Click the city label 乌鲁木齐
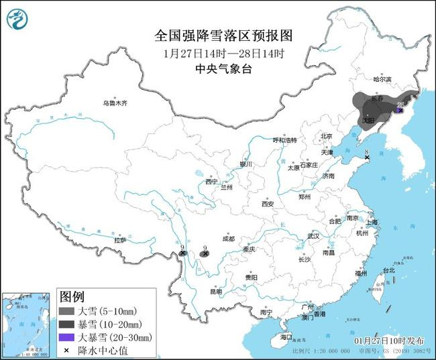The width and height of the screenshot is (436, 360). pyautogui.click(x=115, y=104)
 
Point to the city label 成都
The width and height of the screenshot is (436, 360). pyautogui.click(x=227, y=239)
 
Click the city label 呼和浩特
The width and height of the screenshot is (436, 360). pyautogui.click(x=284, y=140)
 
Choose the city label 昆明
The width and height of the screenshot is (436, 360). pyautogui.click(x=215, y=292)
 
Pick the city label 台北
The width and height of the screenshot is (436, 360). pyautogui.click(x=389, y=270)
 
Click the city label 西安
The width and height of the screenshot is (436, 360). pyautogui.click(x=268, y=204)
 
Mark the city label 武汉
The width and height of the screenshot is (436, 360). pyautogui.click(x=313, y=237)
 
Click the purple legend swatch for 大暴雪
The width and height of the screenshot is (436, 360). pyautogui.click(x=66, y=336)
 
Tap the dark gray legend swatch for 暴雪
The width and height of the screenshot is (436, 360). pyautogui.click(x=66, y=324)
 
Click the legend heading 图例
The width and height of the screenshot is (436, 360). pyautogui.click(x=72, y=296)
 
